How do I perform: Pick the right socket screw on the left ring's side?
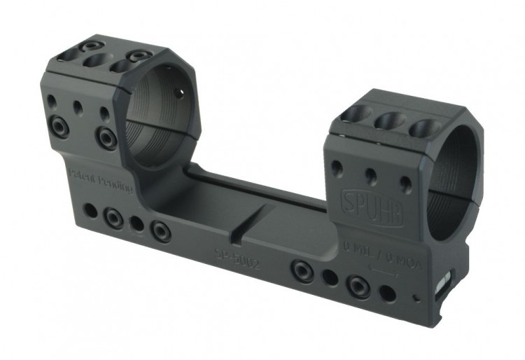(106, 134)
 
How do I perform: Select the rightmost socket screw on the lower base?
(359, 284)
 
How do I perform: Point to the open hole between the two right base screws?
(329, 277)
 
